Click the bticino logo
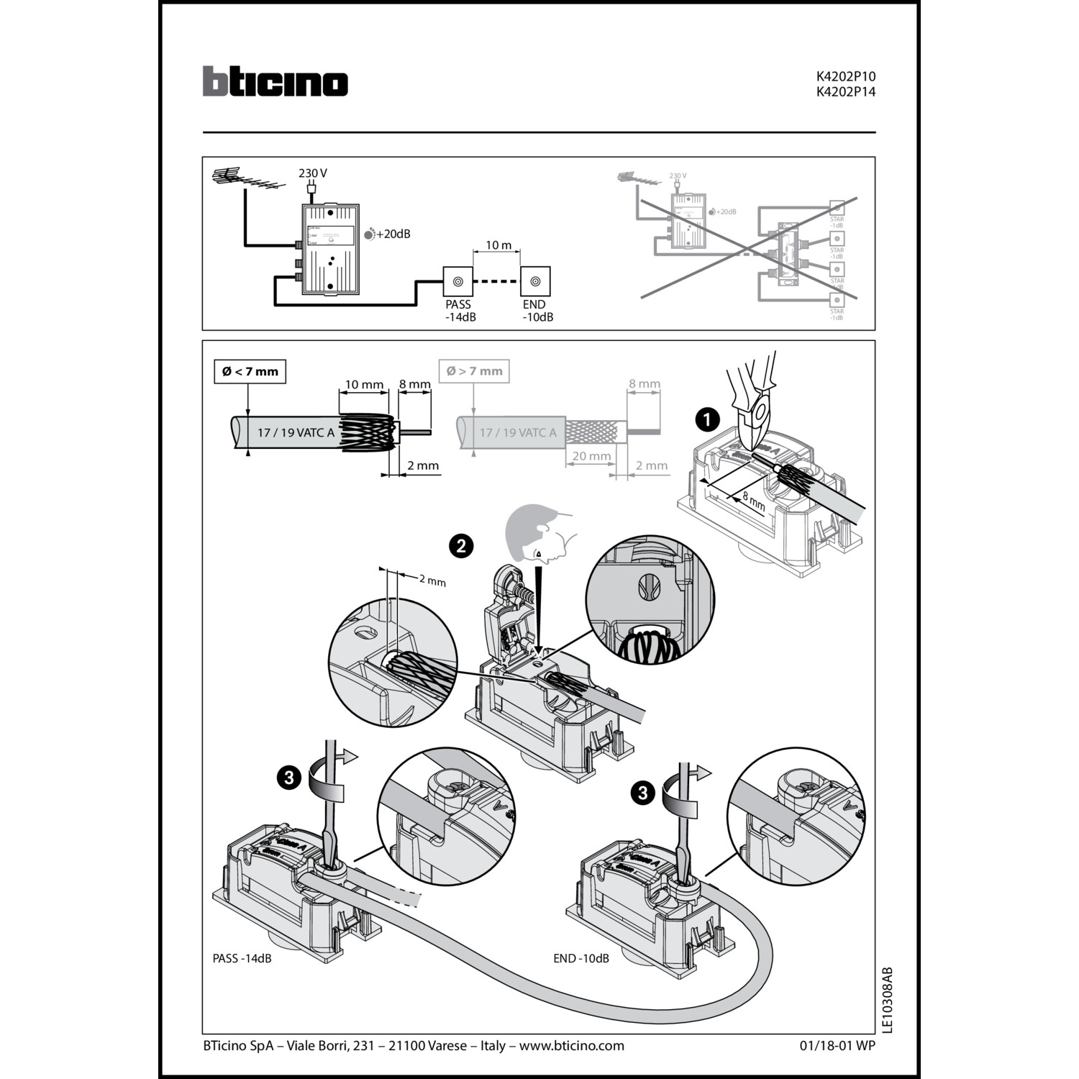point(275,81)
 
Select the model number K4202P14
point(845,92)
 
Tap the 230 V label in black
point(313,173)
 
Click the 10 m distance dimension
point(498,245)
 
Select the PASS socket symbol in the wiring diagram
point(457,281)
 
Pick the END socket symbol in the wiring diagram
point(535,281)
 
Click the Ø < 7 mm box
point(250,371)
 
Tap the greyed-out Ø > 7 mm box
point(474,371)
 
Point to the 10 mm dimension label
point(364,385)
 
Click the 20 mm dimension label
point(591,456)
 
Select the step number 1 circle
point(708,419)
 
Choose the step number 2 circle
point(461,546)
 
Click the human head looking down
point(536,533)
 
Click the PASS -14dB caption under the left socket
point(242,958)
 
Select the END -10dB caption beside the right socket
point(581,958)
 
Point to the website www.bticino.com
point(571,1045)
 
